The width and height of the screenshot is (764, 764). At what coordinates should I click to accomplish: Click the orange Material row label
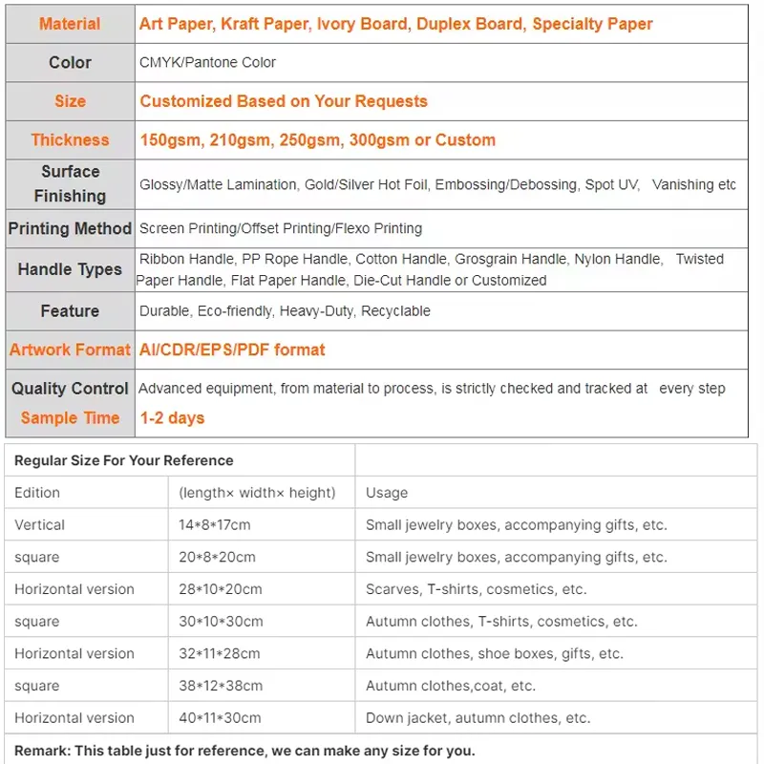[x=70, y=24]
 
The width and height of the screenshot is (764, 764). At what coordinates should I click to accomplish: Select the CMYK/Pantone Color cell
[x=207, y=62]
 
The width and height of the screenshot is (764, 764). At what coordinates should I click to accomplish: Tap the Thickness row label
[x=70, y=139]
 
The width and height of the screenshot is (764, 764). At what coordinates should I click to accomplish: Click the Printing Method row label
[x=70, y=228]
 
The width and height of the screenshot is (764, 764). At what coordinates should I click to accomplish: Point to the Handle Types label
[x=70, y=269]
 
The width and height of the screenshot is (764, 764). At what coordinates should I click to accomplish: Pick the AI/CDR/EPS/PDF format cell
[x=232, y=350]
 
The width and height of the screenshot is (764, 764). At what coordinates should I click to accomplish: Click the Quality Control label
[x=70, y=388]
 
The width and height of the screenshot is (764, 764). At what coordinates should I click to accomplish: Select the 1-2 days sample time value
[x=172, y=417]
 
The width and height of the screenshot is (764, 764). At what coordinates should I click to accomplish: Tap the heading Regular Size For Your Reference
[x=124, y=460]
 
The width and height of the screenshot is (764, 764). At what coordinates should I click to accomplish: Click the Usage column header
[x=387, y=493]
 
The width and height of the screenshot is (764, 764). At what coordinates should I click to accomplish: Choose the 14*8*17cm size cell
[x=215, y=524]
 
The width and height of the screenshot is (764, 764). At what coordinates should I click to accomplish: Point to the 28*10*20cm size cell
[x=221, y=589]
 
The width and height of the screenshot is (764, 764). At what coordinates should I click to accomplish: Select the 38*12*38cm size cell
[x=221, y=686]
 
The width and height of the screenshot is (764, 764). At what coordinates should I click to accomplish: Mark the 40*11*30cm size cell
[x=221, y=718]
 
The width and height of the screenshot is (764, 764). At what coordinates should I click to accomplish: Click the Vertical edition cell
[x=40, y=524]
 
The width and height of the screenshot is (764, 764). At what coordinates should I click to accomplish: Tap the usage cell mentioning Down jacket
[x=477, y=718]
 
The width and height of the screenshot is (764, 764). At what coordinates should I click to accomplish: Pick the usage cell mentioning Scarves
[x=476, y=589]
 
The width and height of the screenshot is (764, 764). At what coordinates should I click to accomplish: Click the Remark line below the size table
[x=244, y=750]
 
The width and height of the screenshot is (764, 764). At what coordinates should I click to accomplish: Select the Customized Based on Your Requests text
[x=284, y=101]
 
